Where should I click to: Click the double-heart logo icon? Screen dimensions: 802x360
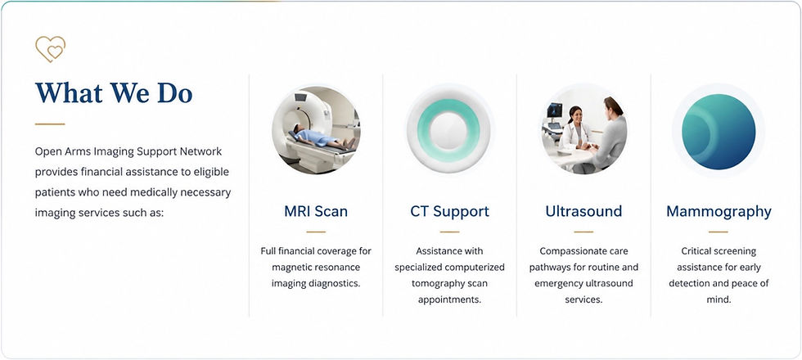point(50,49)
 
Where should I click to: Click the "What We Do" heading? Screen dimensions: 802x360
point(114,92)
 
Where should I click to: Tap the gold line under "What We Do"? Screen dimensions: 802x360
point(50,124)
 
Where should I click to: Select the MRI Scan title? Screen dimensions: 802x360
point(316,211)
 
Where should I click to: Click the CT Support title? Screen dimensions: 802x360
point(449,211)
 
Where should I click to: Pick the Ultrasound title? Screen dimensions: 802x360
point(583,211)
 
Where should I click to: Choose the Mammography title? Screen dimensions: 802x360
point(719,212)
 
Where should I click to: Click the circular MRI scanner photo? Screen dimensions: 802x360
point(316,130)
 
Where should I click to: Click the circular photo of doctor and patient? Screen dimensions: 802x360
point(584,130)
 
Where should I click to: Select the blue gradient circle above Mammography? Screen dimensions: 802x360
point(719,132)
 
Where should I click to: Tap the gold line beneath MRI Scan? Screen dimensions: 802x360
point(316,232)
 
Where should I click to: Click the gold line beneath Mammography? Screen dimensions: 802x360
point(719,232)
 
